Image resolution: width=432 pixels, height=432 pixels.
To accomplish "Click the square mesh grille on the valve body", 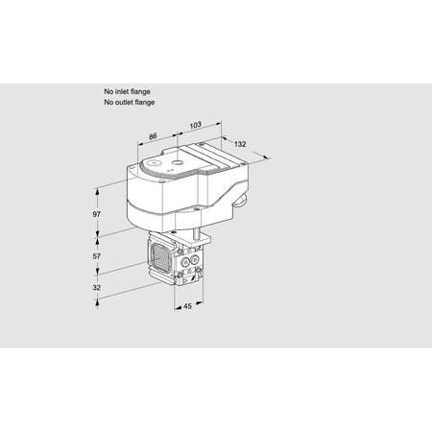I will [x=160, y=256].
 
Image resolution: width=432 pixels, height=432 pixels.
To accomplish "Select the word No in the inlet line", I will [x=108, y=91].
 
